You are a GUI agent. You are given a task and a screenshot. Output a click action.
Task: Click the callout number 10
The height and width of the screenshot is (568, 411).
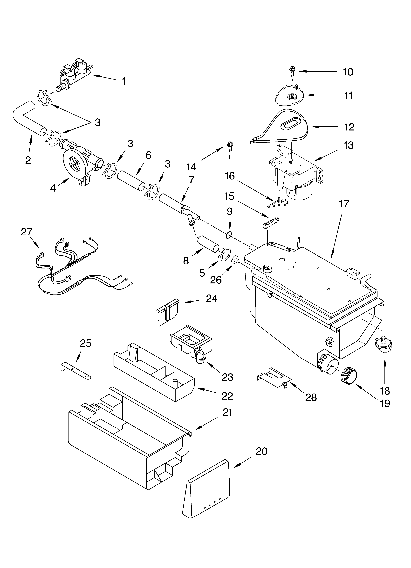click(x=348, y=72)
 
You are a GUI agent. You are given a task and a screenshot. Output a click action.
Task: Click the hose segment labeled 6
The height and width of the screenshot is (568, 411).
click(x=131, y=181)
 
